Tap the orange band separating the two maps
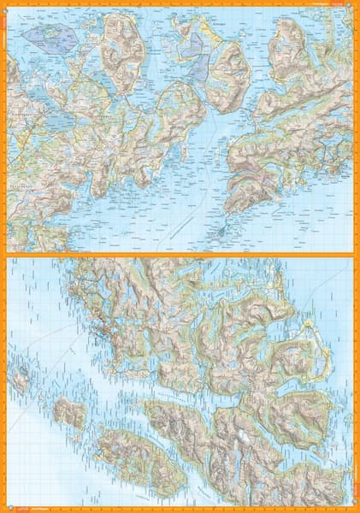pos(180,254)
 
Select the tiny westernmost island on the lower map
pos(21,375)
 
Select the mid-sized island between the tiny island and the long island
pos(69,413)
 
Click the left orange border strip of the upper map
pos(3,128)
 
